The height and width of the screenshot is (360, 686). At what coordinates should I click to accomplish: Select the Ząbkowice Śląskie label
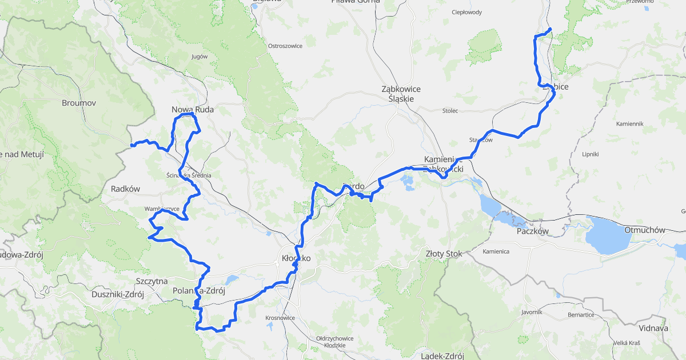click(x=401, y=94)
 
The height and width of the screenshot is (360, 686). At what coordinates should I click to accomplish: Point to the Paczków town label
click(x=532, y=231)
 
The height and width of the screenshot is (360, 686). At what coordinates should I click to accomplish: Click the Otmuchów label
click(x=644, y=230)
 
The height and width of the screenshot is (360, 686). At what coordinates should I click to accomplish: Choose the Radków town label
click(x=126, y=189)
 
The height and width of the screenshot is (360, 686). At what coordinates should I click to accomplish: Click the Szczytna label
click(x=151, y=281)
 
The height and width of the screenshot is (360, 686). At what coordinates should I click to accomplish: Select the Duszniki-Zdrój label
click(x=117, y=295)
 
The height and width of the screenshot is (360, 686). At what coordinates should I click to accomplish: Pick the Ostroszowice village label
click(x=285, y=46)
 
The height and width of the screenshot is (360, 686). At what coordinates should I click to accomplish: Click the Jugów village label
click(x=200, y=57)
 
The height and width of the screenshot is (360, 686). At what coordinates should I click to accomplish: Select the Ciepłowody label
click(x=466, y=12)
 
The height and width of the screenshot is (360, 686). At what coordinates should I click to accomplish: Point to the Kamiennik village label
click(x=630, y=123)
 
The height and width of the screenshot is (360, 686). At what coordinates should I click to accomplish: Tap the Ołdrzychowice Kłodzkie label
click(x=335, y=342)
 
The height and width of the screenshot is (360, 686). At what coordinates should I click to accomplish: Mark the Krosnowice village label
click(x=280, y=317)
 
